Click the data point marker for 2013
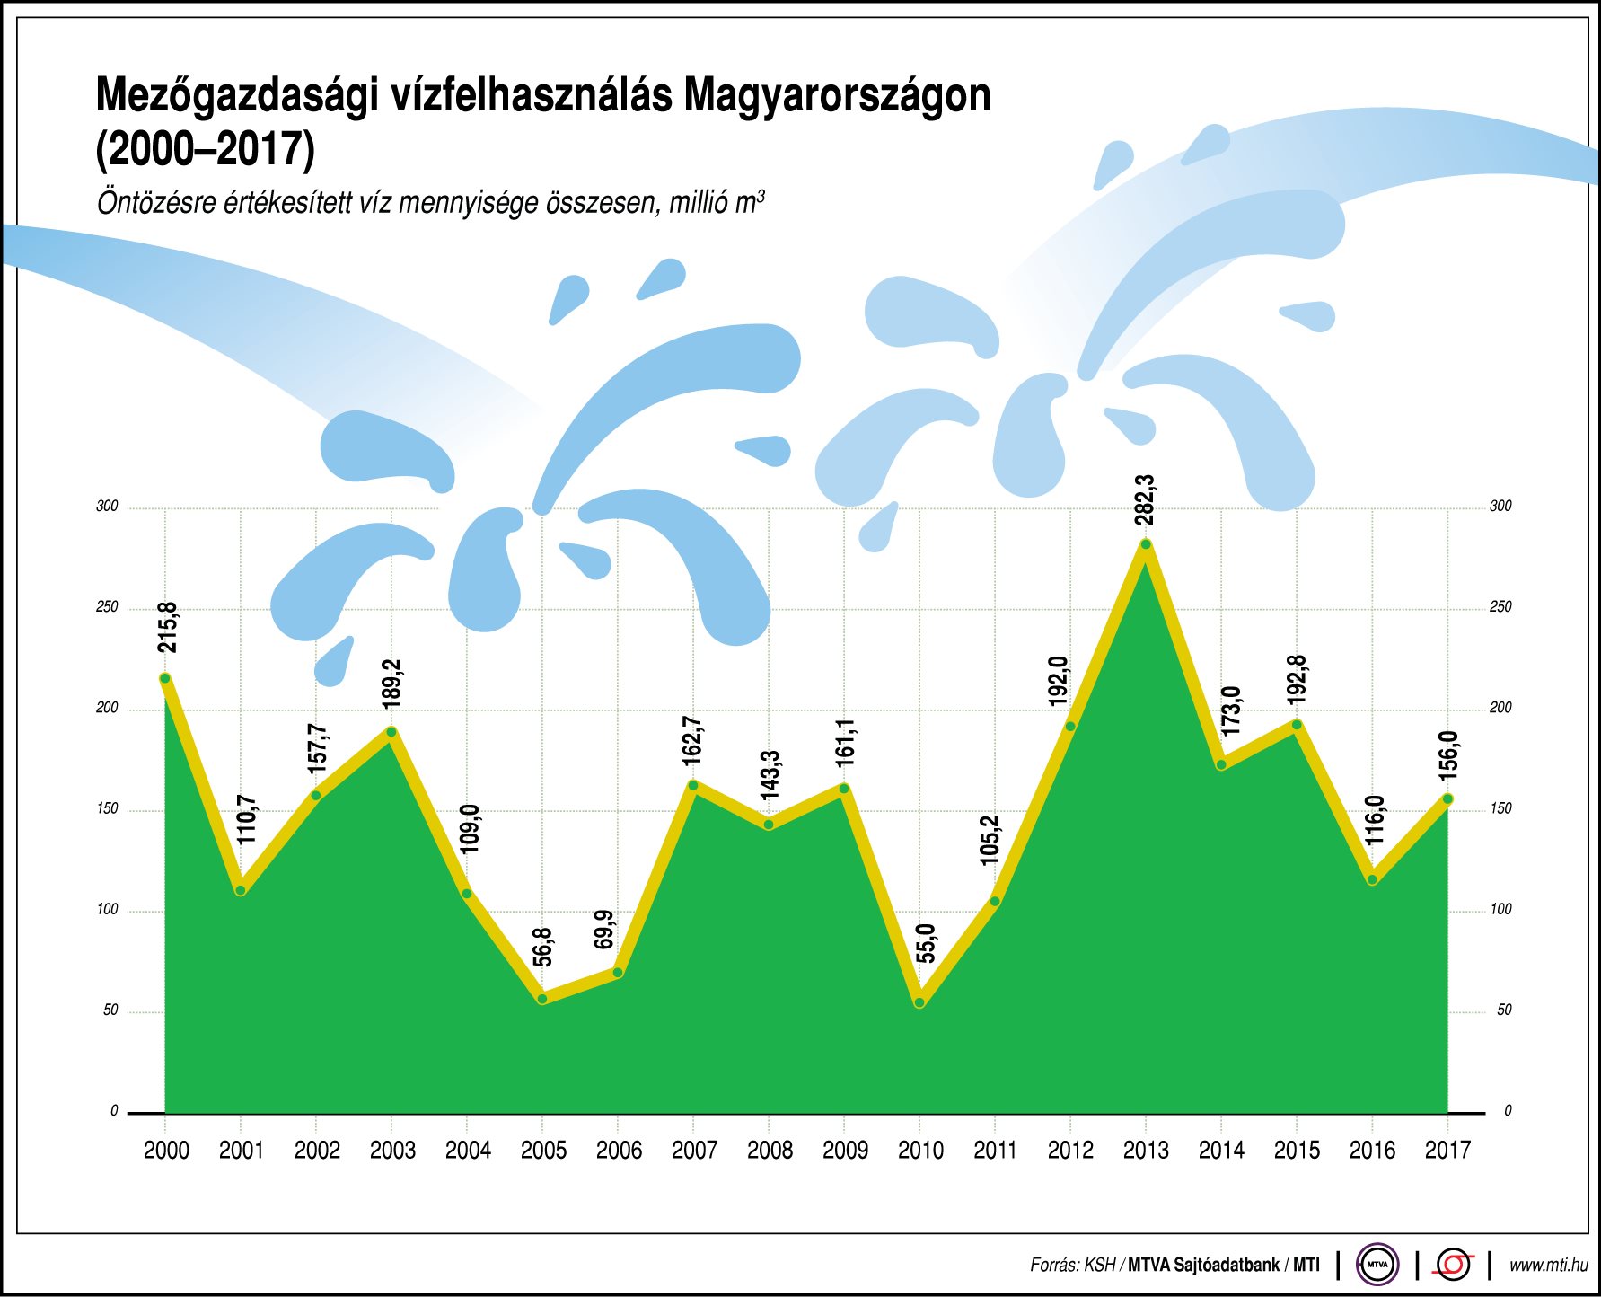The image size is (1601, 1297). point(1145,544)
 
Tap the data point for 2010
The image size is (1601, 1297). point(919,1002)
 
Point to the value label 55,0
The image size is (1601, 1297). point(926,943)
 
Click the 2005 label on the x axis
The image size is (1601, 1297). point(543,1151)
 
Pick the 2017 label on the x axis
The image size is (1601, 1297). point(1447,1151)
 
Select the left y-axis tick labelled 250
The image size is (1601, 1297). point(107,607)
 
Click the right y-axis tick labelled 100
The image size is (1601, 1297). point(1500,910)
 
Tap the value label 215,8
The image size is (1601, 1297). point(167,628)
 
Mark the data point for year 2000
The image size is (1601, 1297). point(165,679)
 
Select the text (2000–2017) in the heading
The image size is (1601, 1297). point(206,150)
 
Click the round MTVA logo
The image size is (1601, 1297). point(1377,1265)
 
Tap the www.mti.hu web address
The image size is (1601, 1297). point(1548,1266)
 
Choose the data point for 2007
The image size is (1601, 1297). point(693,785)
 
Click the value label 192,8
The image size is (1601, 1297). point(1297,680)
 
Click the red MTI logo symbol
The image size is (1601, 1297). point(1453,1265)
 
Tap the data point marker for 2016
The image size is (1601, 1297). point(1372,879)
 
